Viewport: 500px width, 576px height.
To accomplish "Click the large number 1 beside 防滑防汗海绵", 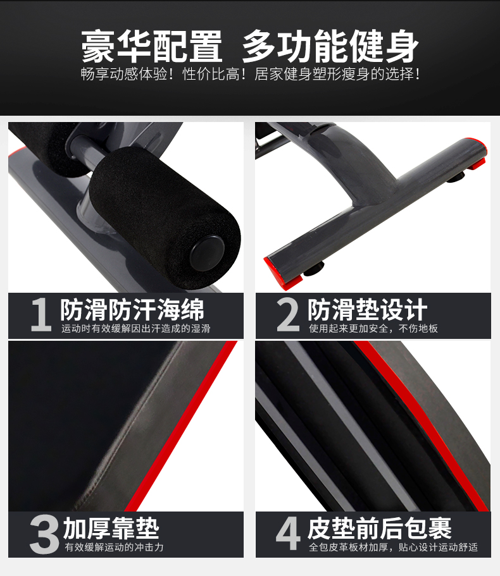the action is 41,314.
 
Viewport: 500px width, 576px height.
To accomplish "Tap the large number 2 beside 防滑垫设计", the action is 288,314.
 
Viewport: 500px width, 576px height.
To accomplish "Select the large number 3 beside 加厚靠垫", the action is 44,534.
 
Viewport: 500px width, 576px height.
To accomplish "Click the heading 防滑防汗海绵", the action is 132,310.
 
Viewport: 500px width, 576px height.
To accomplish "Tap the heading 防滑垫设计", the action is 367,310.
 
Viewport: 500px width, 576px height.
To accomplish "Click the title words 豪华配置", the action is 152,46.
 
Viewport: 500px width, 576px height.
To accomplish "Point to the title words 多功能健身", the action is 330,46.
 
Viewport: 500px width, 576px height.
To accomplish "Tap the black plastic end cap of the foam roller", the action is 208,254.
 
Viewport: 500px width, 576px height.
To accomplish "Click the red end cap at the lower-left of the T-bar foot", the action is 282,273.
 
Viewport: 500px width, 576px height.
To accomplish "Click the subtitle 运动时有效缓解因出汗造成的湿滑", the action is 135,328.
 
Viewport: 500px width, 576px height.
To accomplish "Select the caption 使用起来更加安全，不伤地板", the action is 373,328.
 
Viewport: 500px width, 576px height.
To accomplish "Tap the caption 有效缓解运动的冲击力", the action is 114,548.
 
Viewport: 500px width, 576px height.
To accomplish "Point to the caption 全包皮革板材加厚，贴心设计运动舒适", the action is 394,548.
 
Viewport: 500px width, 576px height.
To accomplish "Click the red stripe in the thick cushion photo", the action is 181,426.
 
